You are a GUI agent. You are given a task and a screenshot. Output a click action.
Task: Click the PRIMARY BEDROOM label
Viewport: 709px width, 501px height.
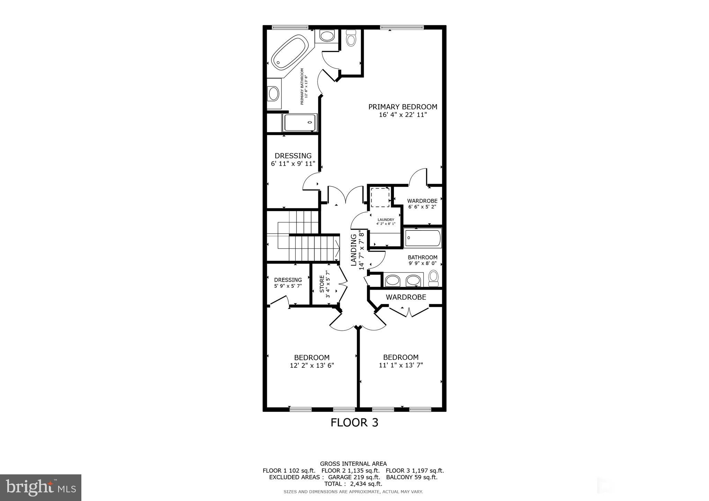pos(403,107)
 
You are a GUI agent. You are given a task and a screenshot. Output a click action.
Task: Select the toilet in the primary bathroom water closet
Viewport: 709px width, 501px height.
pos(351,38)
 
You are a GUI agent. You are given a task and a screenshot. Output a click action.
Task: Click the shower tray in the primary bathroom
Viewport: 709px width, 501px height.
pos(300,123)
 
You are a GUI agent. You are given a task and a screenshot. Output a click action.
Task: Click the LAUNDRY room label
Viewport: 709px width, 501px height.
pos(386,220)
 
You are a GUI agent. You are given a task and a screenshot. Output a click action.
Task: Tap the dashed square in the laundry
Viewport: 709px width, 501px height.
pos(380,197)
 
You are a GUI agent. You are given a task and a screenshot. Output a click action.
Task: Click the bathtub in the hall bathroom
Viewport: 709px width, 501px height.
pos(423,238)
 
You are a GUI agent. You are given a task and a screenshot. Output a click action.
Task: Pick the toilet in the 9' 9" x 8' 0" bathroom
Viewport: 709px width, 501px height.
pos(433,277)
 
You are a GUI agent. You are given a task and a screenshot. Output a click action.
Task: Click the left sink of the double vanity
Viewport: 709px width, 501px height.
pos(392,280)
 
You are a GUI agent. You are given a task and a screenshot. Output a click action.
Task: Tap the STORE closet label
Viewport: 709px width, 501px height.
pos(322,284)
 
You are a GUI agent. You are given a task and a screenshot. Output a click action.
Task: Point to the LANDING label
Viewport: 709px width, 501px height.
pos(354,250)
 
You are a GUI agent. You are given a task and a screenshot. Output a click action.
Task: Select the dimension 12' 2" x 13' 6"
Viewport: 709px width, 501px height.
pos(312,365)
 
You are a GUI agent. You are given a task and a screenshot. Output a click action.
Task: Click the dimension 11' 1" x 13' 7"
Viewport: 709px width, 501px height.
pos(401,365)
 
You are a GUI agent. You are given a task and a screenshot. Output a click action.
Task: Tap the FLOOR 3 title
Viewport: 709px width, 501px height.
pos(354,422)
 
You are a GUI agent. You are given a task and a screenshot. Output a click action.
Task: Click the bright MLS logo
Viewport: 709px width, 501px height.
pos(41,488)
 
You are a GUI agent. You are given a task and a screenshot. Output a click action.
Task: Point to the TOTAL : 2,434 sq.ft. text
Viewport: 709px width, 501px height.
pos(353,484)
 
